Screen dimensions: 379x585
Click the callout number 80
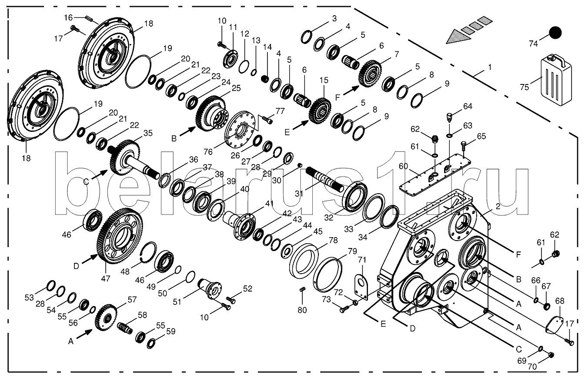pyautogui.click(x=302, y=310)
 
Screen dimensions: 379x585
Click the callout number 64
pyautogui.click(x=468, y=106)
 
